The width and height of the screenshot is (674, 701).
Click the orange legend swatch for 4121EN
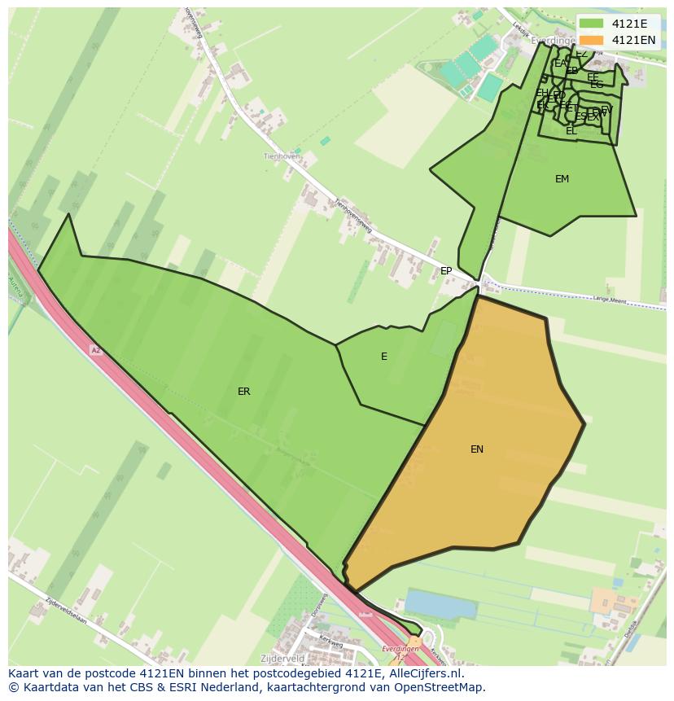click(592, 40)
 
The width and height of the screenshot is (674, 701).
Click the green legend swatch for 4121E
click(592, 24)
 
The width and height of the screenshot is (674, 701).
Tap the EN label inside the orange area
click(477, 449)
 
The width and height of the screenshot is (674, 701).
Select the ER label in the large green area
click(243, 392)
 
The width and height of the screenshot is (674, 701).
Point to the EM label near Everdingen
click(562, 179)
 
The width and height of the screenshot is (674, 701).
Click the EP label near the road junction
click(446, 271)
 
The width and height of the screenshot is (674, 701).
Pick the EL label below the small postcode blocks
click(571, 131)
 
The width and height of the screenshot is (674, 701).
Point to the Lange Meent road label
click(610, 298)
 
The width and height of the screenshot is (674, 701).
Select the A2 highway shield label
click(96, 350)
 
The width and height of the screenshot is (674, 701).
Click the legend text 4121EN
click(633, 40)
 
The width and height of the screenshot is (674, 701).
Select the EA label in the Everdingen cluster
click(560, 64)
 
